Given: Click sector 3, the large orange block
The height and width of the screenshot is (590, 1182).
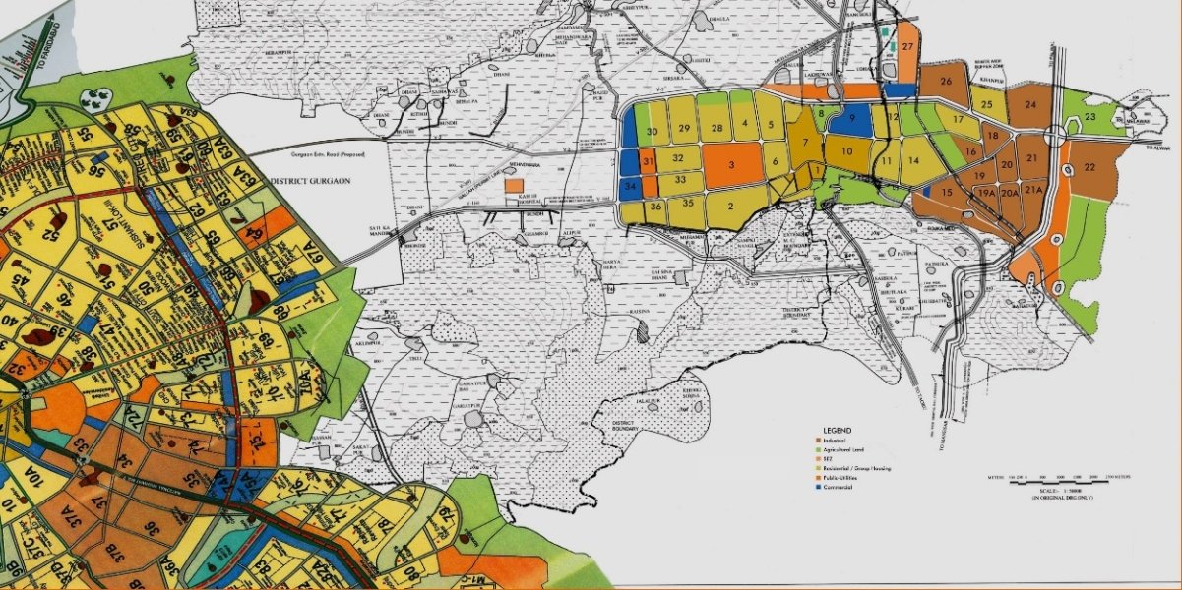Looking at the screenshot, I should pyautogui.click(x=732, y=166).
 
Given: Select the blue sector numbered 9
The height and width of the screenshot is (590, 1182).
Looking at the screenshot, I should pyautogui.click(x=852, y=120).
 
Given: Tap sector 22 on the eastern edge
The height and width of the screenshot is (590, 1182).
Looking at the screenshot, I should pyautogui.click(x=1089, y=167).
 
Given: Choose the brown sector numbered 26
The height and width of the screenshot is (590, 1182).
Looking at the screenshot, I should pyautogui.click(x=947, y=82).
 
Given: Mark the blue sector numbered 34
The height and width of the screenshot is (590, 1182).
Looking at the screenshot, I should pyautogui.click(x=630, y=185).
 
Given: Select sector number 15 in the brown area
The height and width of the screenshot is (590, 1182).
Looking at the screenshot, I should pyautogui.click(x=946, y=192).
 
